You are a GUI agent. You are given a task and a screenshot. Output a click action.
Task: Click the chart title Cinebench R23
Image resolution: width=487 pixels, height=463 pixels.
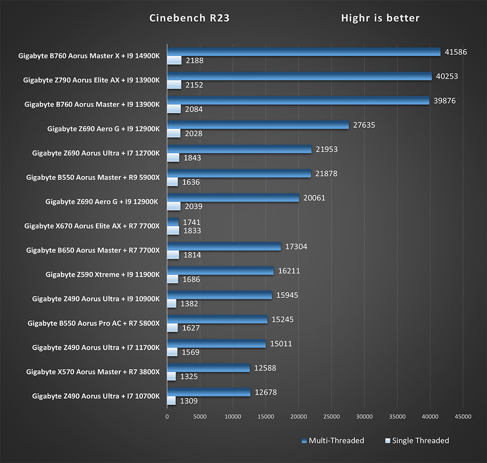[x=189, y=19]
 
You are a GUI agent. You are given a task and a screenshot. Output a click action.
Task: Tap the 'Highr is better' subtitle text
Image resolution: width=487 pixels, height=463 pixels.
[x=380, y=19]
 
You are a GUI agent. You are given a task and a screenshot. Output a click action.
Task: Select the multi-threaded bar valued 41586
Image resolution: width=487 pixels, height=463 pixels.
[x=303, y=52]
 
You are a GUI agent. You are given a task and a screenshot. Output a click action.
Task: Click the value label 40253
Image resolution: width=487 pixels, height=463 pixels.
[x=447, y=76]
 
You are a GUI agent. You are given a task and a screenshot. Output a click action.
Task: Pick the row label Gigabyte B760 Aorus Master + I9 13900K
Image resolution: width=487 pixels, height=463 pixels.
[x=92, y=104]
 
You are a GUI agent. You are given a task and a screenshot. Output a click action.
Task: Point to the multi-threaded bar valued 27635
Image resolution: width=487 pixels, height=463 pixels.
[x=258, y=125]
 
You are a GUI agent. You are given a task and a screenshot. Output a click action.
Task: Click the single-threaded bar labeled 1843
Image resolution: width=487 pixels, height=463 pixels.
[x=173, y=158]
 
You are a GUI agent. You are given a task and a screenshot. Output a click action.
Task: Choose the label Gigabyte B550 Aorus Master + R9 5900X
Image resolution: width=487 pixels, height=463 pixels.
[x=93, y=177]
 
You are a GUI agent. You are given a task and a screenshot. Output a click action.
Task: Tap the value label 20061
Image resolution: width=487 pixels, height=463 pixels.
[x=314, y=198]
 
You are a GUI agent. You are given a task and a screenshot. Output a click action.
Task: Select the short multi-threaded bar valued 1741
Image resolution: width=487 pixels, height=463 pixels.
[x=173, y=222]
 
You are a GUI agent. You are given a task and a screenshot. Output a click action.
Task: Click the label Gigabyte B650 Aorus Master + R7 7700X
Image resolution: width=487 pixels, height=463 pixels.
[x=93, y=250]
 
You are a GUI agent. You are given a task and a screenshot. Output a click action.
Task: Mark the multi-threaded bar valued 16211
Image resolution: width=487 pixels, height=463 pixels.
[x=220, y=271]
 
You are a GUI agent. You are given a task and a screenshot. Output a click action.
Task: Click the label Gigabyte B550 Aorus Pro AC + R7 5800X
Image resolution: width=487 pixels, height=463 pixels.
[x=94, y=323]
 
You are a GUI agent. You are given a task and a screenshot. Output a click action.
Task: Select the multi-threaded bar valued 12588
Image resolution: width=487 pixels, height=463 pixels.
[x=208, y=369]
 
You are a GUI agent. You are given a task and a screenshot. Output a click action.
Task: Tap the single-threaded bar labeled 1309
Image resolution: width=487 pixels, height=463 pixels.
[x=171, y=401]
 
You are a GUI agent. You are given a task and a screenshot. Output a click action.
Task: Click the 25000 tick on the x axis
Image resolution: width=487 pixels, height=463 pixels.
[x=331, y=417]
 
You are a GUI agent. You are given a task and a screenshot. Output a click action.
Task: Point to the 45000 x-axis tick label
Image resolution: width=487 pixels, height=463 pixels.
[x=463, y=417]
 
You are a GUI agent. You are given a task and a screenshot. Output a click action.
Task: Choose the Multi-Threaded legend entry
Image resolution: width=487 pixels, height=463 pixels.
[x=333, y=441]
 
